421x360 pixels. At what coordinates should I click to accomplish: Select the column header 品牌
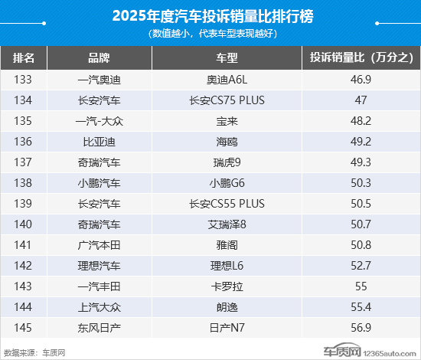(100, 58)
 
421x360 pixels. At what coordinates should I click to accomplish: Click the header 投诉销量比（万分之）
(361, 58)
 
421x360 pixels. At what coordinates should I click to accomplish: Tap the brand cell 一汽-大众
(100, 120)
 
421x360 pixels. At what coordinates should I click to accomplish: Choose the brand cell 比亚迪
(100, 141)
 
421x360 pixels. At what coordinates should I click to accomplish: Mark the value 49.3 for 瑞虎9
(361, 162)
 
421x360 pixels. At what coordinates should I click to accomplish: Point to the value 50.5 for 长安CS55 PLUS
(361, 204)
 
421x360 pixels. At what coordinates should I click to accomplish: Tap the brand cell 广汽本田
(100, 245)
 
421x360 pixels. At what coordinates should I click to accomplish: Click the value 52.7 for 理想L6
(361, 266)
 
